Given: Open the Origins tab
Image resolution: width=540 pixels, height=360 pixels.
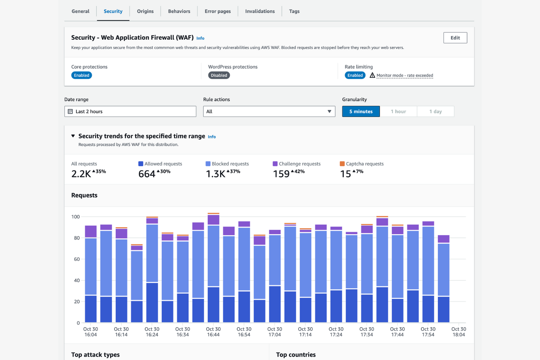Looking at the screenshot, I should tap(145, 11).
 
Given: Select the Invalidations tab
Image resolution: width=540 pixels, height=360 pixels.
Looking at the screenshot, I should tap(260, 11).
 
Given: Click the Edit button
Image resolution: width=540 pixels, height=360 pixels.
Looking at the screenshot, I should tap(455, 38).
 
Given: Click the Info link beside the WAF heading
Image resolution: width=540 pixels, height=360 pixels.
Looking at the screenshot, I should tap(200, 38).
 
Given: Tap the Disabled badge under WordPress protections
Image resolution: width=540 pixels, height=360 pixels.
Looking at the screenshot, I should tap(219, 76).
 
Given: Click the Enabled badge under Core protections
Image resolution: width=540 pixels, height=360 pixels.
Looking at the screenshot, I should tap(81, 76).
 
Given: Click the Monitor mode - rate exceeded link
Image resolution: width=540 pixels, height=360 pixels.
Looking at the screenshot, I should tap(405, 76).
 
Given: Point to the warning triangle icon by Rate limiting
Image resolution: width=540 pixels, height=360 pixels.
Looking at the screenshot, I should tap(372, 75).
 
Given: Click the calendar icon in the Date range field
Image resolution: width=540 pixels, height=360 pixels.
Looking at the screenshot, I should tap(70, 112).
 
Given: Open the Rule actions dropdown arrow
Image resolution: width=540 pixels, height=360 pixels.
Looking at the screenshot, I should tap(329, 112).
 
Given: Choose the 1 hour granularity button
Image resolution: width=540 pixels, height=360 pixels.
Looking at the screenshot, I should tap(398, 112).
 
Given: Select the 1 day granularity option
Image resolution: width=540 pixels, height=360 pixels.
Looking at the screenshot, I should tap(435, 112).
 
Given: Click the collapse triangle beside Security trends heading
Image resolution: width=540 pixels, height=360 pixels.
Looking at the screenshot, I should tap(73, 136).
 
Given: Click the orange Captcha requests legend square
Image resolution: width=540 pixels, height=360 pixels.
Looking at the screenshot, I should tap(342, 164).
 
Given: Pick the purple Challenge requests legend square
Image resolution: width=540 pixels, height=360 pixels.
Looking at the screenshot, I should tap(275, 164).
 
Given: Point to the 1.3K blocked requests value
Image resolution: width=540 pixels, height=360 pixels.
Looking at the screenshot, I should tap(216, 174).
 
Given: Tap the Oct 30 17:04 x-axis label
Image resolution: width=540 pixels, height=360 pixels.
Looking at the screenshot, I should tap(274, 332).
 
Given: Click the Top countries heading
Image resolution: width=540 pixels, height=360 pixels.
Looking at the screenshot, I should tap(296, 355).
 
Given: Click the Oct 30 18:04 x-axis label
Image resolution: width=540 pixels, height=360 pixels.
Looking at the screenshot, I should tap(458, 332).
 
